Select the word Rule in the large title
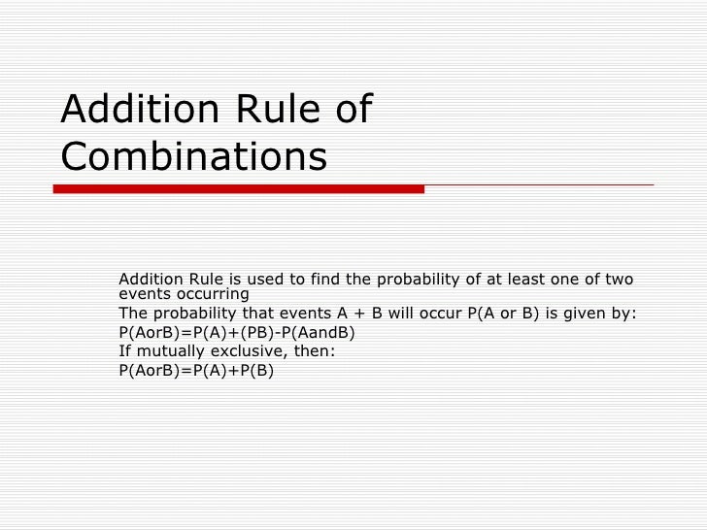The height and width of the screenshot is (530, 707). [271, 109]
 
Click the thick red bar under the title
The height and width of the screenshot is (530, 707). [238, 188]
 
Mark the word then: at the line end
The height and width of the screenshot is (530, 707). [314, 350]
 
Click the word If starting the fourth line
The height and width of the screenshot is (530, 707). [124, 350]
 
